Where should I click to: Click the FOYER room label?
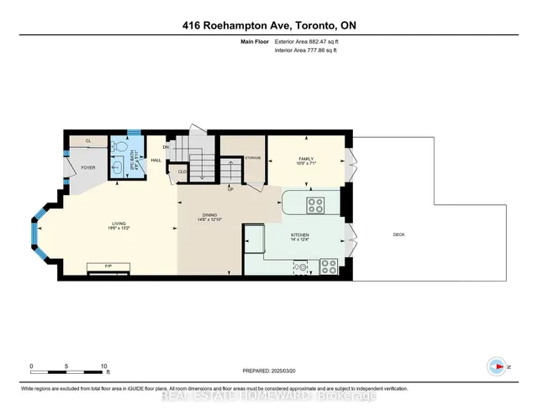pyautogui.click(x=88, y=168)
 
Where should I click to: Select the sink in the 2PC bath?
pyautogui.click(x=115, y=164)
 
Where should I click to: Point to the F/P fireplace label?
pyautogui.click(x=108, y=266)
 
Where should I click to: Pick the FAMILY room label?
pyautogui.click(x=305, y=159)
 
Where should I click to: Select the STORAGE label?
pyautogui.click(x=253, y=158)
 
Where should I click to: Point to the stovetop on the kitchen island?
pyautogui.click(x=316, y=203)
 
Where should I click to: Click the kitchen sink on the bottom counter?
pyautogui.click(x=301, y=268)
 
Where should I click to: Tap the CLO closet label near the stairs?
pyautogui.click(x=182, y=172)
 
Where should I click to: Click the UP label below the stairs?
pyautogui.click(x=230, y=188)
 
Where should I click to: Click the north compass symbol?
pyautogui.click(x=497, y=366)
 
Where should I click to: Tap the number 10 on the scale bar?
pyautogui.click(x=103, y=367)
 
